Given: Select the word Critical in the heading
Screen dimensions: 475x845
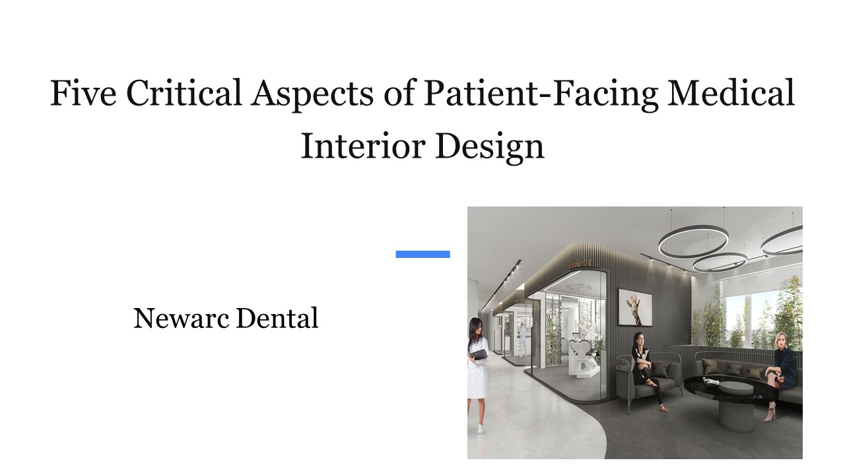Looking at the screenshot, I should click(184, 94).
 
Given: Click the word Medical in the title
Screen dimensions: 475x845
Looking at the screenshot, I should click(731, 94).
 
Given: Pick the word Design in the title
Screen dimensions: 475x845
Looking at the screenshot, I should click(489, 146).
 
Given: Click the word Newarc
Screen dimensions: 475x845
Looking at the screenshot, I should click(182, 319).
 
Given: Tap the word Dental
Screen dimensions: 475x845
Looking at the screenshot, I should click(277, 319).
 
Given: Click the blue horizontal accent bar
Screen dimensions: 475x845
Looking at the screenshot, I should click(422, 254).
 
